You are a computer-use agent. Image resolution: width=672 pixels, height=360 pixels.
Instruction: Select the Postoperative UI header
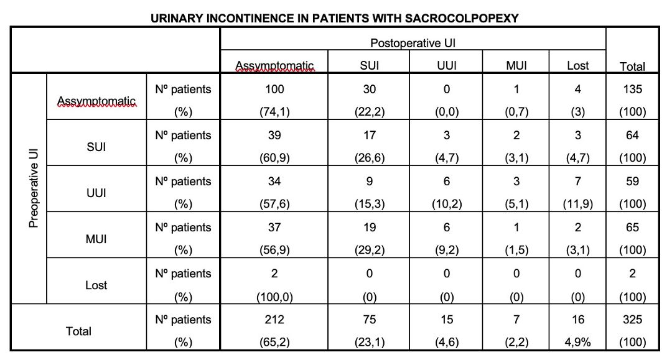click(x=413, y=44)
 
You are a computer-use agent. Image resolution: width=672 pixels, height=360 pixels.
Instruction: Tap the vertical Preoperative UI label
click(x=34, y=188)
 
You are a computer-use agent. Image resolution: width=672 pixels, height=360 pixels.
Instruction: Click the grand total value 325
click(x=632, y=320)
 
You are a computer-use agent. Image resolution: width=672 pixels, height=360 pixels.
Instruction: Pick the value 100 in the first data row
click(x=274, y=90)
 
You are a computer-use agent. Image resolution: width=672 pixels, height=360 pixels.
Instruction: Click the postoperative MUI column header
click(x=516, y=65)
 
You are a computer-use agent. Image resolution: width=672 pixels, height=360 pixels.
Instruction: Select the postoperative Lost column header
click(x=577, y=65)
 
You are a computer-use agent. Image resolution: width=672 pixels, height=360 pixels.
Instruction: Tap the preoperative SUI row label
click(x=96, y=147)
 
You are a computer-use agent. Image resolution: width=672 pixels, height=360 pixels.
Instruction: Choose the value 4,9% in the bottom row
click(x=577, y=342)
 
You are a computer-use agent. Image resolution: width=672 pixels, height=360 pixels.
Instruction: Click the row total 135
click(x=632, y=90)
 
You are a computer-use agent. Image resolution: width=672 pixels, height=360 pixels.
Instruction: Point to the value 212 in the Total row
click(x=274, y=320)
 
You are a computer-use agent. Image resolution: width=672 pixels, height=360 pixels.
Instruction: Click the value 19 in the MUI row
click(x=370, y=228)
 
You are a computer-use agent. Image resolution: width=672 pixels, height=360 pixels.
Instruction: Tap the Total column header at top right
click(x=632, y=67)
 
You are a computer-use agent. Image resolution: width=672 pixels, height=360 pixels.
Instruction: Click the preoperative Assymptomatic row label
click(x=96, y=101)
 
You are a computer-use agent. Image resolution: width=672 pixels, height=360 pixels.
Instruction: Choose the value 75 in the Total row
click(x=370, y=320)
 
